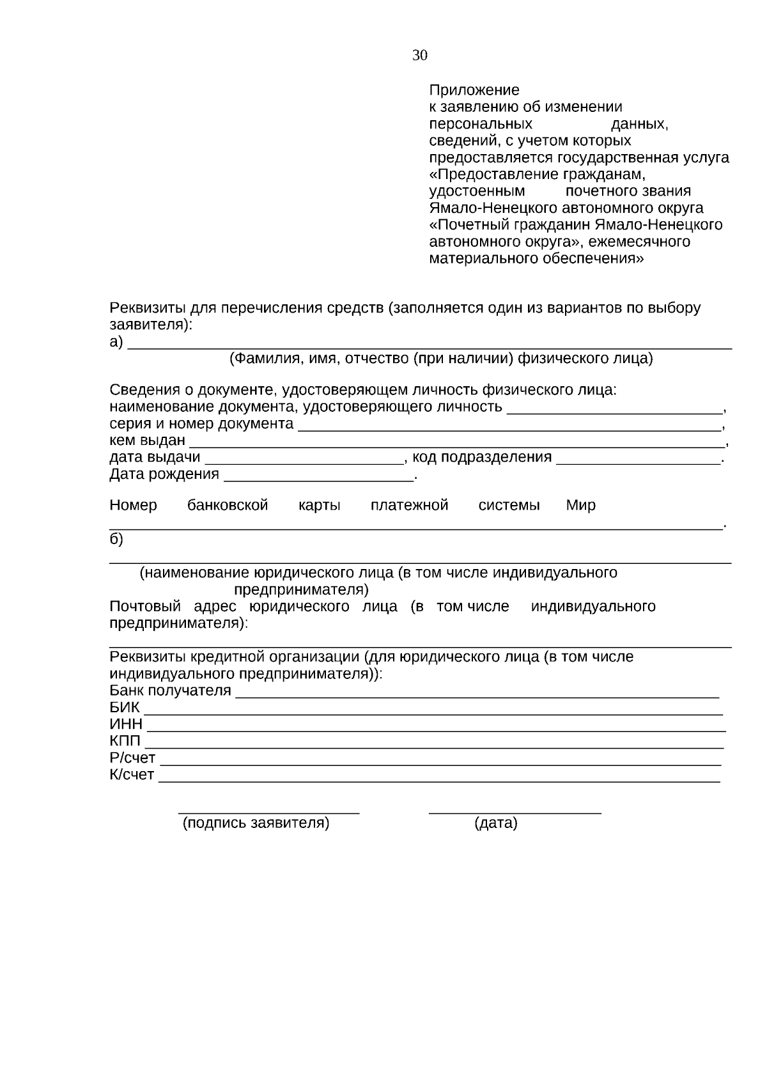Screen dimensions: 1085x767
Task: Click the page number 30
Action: pyautogui.click(x=419, y=56)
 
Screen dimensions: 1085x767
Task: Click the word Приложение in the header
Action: pyautogui.click(x=474, y=90)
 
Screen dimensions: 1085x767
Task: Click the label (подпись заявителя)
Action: pyautogui.click(x=256, y=824)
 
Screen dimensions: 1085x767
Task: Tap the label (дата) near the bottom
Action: pyautogui.click(x=495, y=824)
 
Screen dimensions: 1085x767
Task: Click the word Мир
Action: pyautogui.click(x=580, y=506)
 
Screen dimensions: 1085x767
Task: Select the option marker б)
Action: pyautogui.click(x=116, y=539)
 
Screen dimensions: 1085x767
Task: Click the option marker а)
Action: pyautogui.click(x=116, y=342)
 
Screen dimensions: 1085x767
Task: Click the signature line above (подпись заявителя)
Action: pyautogui.click(x=268, y=812)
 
